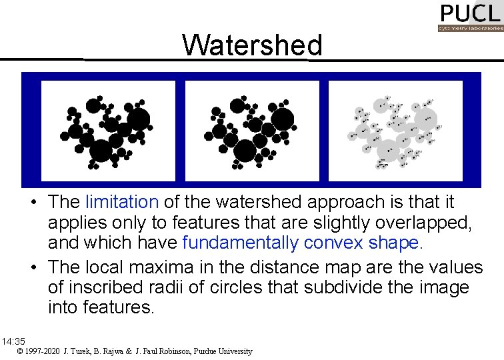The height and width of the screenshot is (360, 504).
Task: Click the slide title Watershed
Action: (252, 45)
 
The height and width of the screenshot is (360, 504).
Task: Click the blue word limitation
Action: (122, 201)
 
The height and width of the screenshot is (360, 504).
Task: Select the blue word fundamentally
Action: (241, 243)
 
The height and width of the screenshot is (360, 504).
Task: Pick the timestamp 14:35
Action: (13, 341)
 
